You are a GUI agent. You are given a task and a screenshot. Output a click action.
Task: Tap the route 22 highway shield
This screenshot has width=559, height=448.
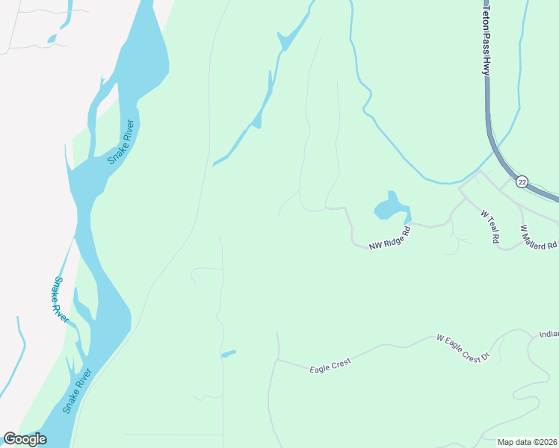coord(522,181)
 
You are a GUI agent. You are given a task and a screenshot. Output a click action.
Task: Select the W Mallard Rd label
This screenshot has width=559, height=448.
coord(539,237)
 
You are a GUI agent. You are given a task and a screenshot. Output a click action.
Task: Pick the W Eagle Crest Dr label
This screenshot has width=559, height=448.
coord(466,349)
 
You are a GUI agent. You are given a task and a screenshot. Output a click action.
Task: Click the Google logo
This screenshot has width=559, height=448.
coord(25,439)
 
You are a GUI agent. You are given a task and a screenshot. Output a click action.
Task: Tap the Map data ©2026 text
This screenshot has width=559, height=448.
coord(526,441)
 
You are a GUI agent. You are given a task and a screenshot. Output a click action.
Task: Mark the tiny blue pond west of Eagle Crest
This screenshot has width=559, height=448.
coord(229,353)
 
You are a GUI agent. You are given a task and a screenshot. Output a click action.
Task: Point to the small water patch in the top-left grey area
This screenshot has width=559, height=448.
coord(52,38)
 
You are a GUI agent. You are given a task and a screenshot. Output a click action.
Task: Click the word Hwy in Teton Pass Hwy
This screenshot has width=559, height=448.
coord(485,66)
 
